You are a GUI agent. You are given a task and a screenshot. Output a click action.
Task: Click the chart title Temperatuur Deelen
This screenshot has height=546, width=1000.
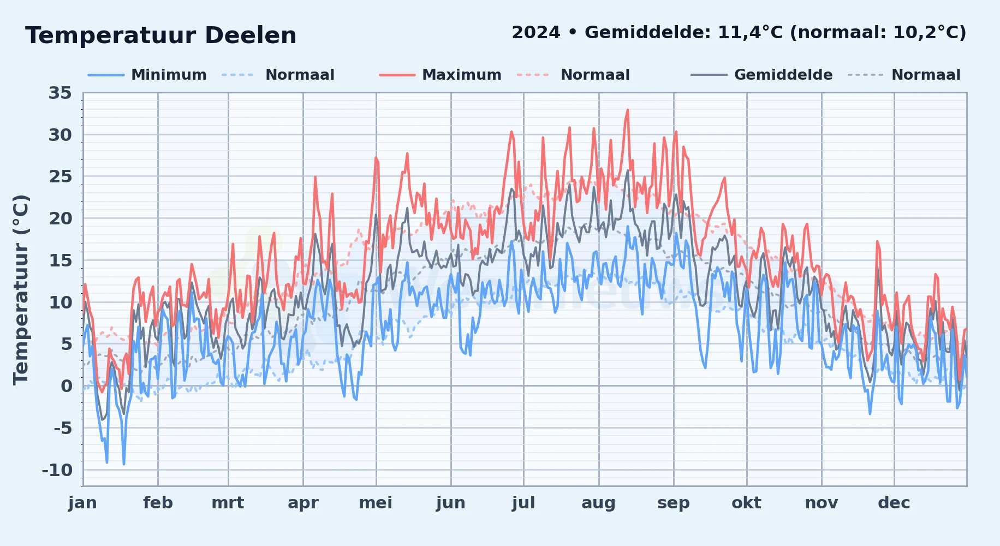pos(161,35)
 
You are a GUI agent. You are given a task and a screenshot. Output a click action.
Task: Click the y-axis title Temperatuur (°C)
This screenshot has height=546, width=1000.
pos(21,289)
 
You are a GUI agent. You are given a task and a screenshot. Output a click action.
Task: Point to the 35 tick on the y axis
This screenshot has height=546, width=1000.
pos(60,93)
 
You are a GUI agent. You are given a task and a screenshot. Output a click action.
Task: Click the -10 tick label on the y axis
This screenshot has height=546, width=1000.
pos(57,470)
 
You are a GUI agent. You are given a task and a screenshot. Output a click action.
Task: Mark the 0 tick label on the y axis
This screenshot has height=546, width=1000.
pos(66,386)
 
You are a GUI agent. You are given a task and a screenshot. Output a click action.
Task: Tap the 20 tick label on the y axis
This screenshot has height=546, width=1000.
pos(60,218)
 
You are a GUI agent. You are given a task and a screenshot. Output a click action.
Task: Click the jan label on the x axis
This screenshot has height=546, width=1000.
pos(83,503)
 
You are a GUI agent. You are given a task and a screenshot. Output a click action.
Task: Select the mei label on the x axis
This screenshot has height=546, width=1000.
pos(376,503)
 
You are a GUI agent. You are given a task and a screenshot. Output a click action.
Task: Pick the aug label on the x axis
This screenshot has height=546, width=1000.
pos(598,503)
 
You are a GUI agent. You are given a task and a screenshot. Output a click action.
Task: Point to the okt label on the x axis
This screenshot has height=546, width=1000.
pos(746,503)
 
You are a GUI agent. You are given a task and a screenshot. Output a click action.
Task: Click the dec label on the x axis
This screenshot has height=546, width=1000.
pos(894,503)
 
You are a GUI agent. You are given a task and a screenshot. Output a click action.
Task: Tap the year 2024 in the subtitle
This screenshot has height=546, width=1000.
pos(536,33)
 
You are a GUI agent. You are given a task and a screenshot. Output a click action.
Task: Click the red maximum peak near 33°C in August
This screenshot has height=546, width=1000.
pos(628,110)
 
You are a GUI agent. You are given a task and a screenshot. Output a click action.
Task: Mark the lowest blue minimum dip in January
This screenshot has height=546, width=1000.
pos(124,464)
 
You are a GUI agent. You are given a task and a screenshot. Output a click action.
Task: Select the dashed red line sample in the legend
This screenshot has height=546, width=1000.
pos(533,75)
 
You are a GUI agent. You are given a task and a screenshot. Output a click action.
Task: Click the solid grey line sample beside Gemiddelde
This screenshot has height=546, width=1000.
pos(709,75)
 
